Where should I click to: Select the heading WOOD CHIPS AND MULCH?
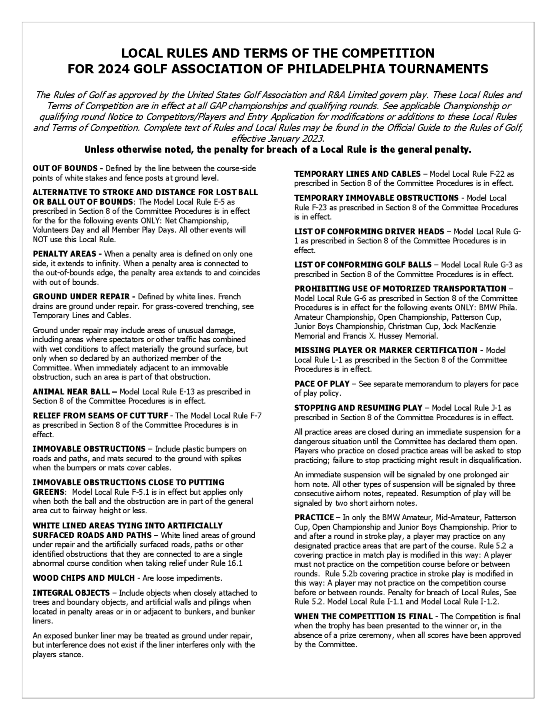pos(84,578)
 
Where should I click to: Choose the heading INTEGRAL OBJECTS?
pos(71,593)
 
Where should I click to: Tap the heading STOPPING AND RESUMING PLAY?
pos(358,408)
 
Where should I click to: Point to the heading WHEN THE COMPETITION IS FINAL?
pos(363,616)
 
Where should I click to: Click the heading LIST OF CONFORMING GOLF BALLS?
pos(363,265)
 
